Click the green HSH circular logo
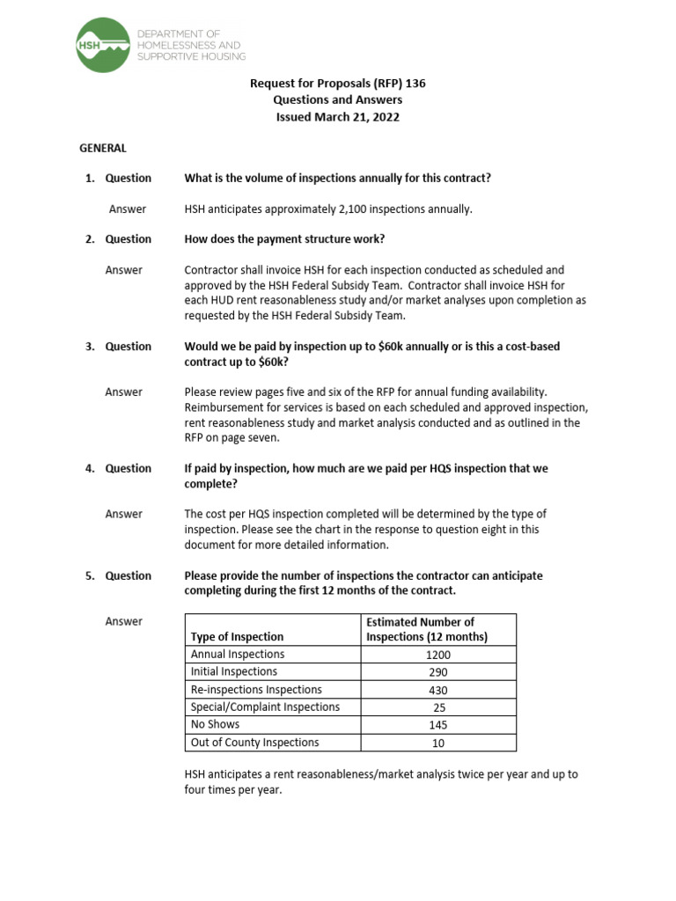click(x=102, y=45)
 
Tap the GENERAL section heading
click(x=103, y=149)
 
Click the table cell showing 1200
click(x=438, y=655)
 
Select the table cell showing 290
click(x=438, y=672)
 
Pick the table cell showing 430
click(x=438, y=690)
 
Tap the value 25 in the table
click(x=438, y=707)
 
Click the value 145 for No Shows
click(x=438, y=725)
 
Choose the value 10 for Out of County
click(x=438, y=743)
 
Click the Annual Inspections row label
click(x=238, y=655)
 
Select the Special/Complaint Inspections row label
click(x=265, y=707)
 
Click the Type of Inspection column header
click(x=237, y=637)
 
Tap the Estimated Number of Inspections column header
click(x=427, y=629)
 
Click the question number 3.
click(x=90, y=347)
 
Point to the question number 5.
click(x=90, y=576)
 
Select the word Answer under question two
click(x=124, y=270)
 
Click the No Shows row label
click(x=215, y=725)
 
